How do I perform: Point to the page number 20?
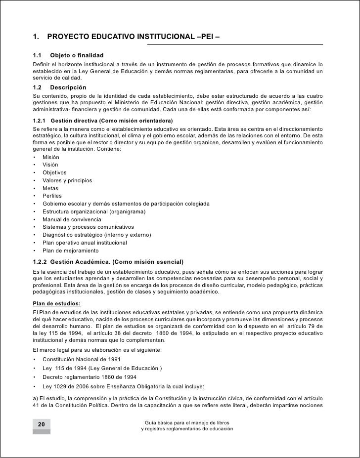point(41,424)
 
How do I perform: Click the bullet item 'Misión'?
point(51,157)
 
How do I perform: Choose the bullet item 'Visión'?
point(50,165)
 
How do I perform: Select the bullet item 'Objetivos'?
point(54,172)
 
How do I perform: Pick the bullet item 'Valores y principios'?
point(67,180)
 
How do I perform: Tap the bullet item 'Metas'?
point(50,188)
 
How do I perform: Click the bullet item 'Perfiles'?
point(53,196)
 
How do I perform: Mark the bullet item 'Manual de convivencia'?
point(72,219)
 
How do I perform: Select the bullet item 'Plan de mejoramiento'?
point(70,250)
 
